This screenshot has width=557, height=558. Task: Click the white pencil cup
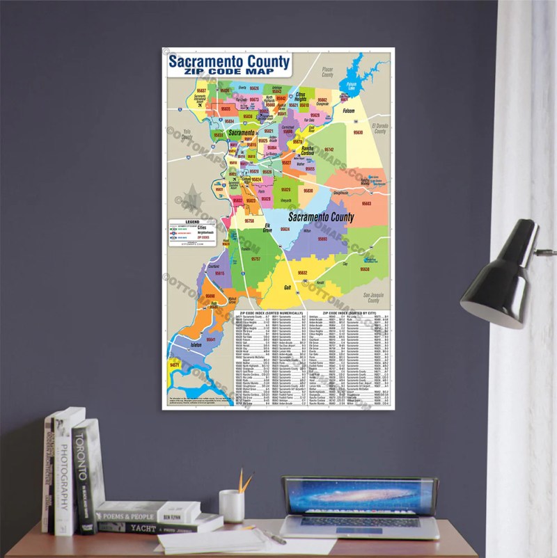coord(231,506)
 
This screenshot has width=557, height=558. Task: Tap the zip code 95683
coord(366,203)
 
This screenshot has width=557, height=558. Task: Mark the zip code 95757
coord(256,258)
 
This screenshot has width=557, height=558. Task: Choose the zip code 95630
coord(358,131)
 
